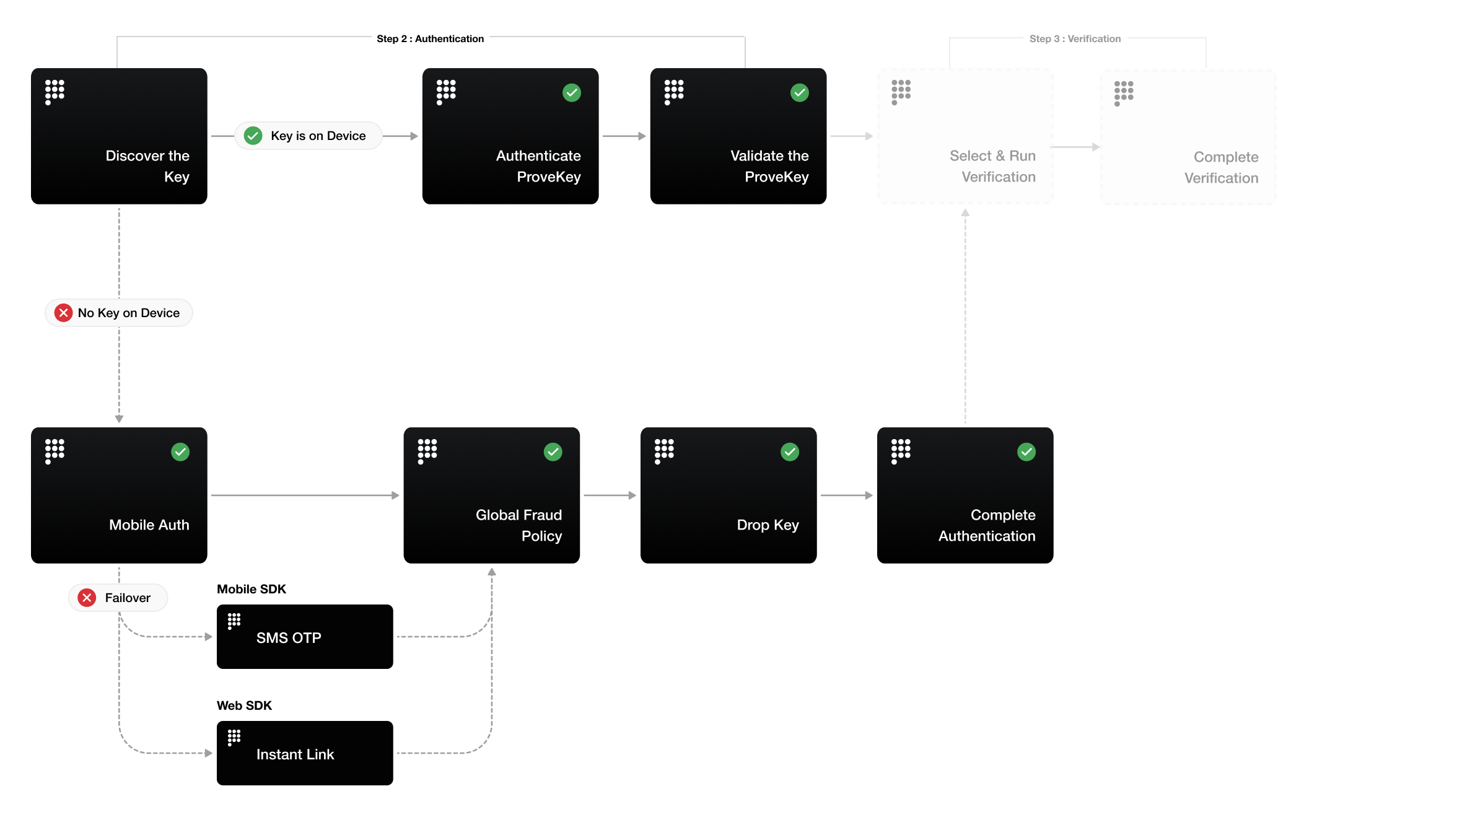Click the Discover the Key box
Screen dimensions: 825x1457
point(119,136)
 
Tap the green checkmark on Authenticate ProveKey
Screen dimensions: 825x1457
point(571,93)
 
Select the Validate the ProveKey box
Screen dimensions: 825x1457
point(738,136)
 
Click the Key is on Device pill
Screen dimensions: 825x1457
point(308,136)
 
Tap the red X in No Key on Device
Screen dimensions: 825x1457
point(63,313)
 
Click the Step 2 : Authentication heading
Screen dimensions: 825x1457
point(430,38)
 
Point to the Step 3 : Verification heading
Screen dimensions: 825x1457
point(1075,38)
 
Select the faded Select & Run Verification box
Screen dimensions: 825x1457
point(965,136)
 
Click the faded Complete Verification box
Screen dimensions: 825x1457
point(1188,137)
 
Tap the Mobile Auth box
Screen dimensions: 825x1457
point(119,495)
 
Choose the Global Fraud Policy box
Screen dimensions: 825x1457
point(491,495)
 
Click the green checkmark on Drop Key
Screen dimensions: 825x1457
point(789,452)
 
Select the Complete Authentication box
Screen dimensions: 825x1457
point(965,495)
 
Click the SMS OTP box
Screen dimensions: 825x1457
point(305,637)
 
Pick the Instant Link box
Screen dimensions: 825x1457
point(305,753)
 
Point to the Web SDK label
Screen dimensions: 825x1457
point(244,705)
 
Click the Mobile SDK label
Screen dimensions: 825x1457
point(251,589)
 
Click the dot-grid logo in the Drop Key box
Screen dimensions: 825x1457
point(663,451)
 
